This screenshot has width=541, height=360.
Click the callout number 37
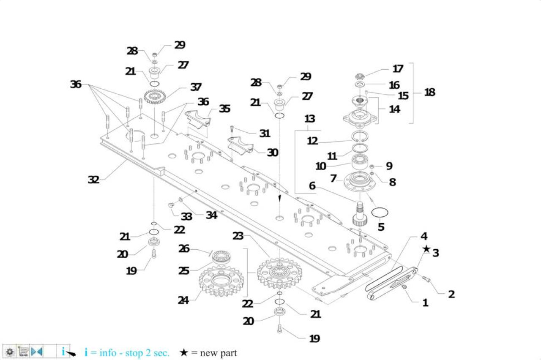[196, 87]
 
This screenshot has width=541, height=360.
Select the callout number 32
[93, 180]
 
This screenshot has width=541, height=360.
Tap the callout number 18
[430, 92]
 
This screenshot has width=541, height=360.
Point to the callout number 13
[310, 119]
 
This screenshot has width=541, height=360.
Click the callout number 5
[381, 227]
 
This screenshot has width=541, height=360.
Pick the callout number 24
[183, 300]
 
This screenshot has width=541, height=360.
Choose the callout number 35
[224, 109]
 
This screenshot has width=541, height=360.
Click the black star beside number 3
[426, 249]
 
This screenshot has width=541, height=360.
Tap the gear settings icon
[10, 352]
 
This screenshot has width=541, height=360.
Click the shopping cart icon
[23, 351]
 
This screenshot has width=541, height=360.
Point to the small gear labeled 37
[154, 97]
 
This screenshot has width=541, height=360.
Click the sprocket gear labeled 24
[221, 281]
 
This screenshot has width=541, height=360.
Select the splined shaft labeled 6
[360, 214]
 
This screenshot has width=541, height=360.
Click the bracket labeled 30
[240, 146]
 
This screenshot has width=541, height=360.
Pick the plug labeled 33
[171, 205]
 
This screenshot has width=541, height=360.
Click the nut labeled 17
[360, 76]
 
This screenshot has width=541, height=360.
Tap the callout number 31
[265, 133]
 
